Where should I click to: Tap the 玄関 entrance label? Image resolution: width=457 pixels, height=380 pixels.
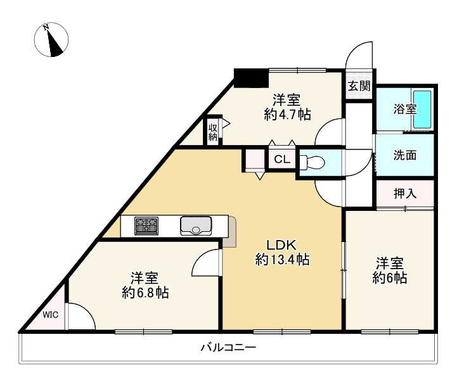point(359,86)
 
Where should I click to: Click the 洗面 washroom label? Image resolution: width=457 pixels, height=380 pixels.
point(405,155)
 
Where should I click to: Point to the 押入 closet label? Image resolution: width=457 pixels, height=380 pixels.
point(405,194)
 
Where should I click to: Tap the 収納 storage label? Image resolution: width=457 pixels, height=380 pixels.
point(213,132)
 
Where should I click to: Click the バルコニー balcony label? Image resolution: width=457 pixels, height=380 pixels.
point(228,348)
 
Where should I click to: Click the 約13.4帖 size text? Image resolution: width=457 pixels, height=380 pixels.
point(282,260)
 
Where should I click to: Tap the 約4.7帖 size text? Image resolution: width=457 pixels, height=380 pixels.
point(286,115)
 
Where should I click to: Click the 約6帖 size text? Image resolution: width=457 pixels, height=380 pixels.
point(389,277)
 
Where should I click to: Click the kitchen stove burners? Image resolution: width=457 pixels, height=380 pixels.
point(146,225)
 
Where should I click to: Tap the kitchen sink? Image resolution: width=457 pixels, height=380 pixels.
point(196,225)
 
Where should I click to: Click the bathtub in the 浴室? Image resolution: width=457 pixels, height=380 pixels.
point(422,110)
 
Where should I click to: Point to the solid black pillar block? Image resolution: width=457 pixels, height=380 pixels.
point(250,78)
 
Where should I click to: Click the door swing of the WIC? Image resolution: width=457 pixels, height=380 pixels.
point(78,317)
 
